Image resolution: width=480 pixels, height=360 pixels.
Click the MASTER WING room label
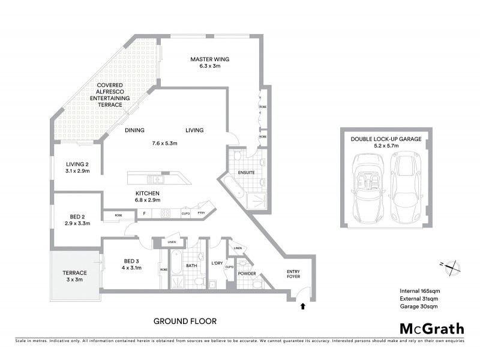[210, 59]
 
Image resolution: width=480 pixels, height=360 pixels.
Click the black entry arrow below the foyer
[302, 306]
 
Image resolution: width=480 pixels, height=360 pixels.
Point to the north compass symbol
[449, 266]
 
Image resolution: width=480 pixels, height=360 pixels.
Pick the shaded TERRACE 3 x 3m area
[75, 276]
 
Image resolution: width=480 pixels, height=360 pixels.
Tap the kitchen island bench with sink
[157, 178]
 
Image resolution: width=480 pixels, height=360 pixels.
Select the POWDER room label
[247, 274]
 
